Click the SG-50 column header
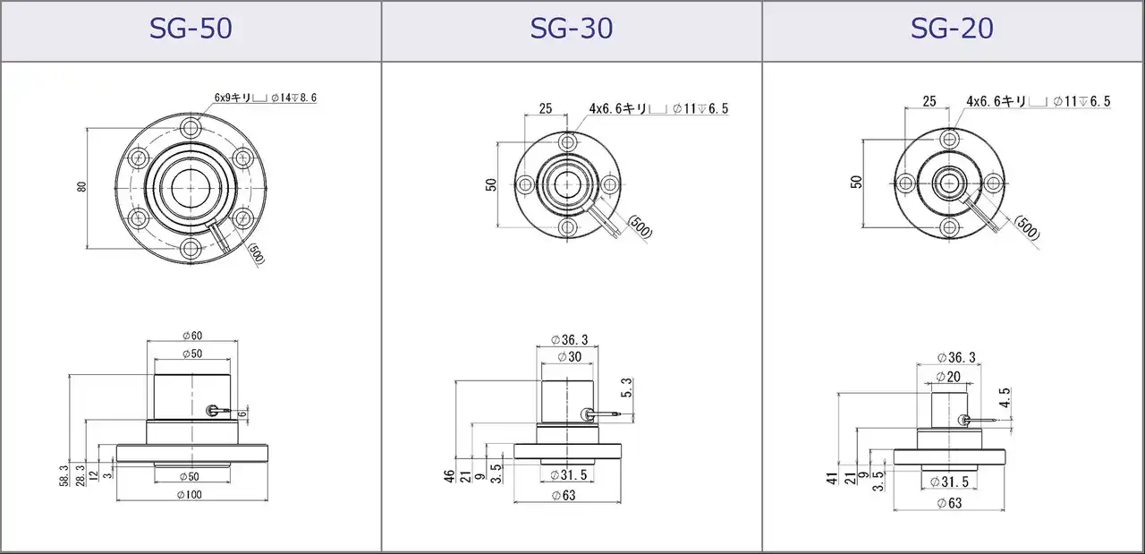(191, 29)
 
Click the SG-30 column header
(572, 29)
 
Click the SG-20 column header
(952, 29)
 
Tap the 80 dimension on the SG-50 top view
(81, 187)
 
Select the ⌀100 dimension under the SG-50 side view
(190, 495)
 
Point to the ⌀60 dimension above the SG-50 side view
(192, 336)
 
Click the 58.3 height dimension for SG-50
(64, 475)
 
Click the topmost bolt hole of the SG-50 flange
(191, 127)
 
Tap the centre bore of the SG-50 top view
(191, 188)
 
